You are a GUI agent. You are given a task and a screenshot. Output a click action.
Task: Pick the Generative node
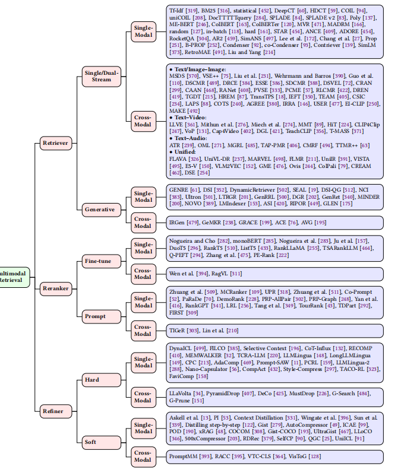(99, 209)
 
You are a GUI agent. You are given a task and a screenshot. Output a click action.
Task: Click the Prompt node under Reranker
(96, 315)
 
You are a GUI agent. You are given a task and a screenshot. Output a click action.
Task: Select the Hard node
(92, 379)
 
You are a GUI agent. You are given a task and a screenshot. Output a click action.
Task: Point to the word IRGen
(178, 222)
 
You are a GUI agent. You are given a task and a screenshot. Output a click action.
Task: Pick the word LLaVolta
(182, 392)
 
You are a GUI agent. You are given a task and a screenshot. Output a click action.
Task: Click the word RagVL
(220, 274)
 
